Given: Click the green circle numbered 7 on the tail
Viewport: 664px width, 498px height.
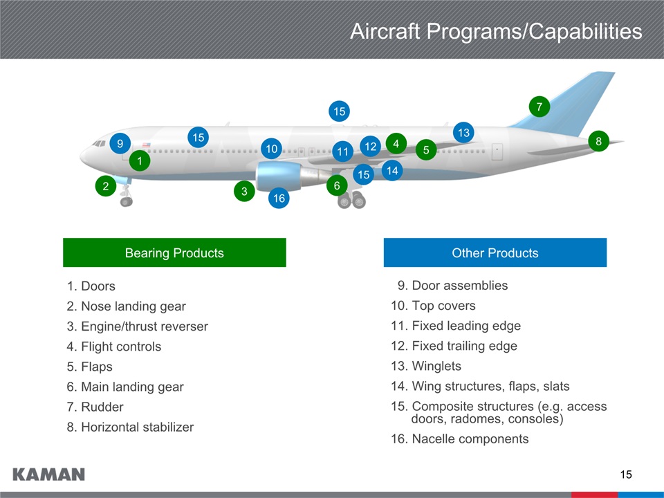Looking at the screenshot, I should pos(539,107).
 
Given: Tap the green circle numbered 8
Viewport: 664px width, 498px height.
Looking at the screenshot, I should pos(598,141).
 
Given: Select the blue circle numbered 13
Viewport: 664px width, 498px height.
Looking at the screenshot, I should pos(463,132).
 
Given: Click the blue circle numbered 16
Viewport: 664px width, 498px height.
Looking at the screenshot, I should pos(279,199).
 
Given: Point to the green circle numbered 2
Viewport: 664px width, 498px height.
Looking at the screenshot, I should pos(105,186).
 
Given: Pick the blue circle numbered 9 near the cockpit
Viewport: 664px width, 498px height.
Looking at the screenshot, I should pos(120,143).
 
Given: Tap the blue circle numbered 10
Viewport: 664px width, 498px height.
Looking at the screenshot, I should pos(271,149).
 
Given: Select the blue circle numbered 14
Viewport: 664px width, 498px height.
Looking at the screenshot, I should pos(392,170).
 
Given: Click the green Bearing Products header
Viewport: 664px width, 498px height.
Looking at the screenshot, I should pos(174,252).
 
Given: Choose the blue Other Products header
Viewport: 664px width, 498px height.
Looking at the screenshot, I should pos(495,252).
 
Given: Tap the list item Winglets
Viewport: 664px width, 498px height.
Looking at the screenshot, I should pos(436,366).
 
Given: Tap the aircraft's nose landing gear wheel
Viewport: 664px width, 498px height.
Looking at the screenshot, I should pos(126,201).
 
